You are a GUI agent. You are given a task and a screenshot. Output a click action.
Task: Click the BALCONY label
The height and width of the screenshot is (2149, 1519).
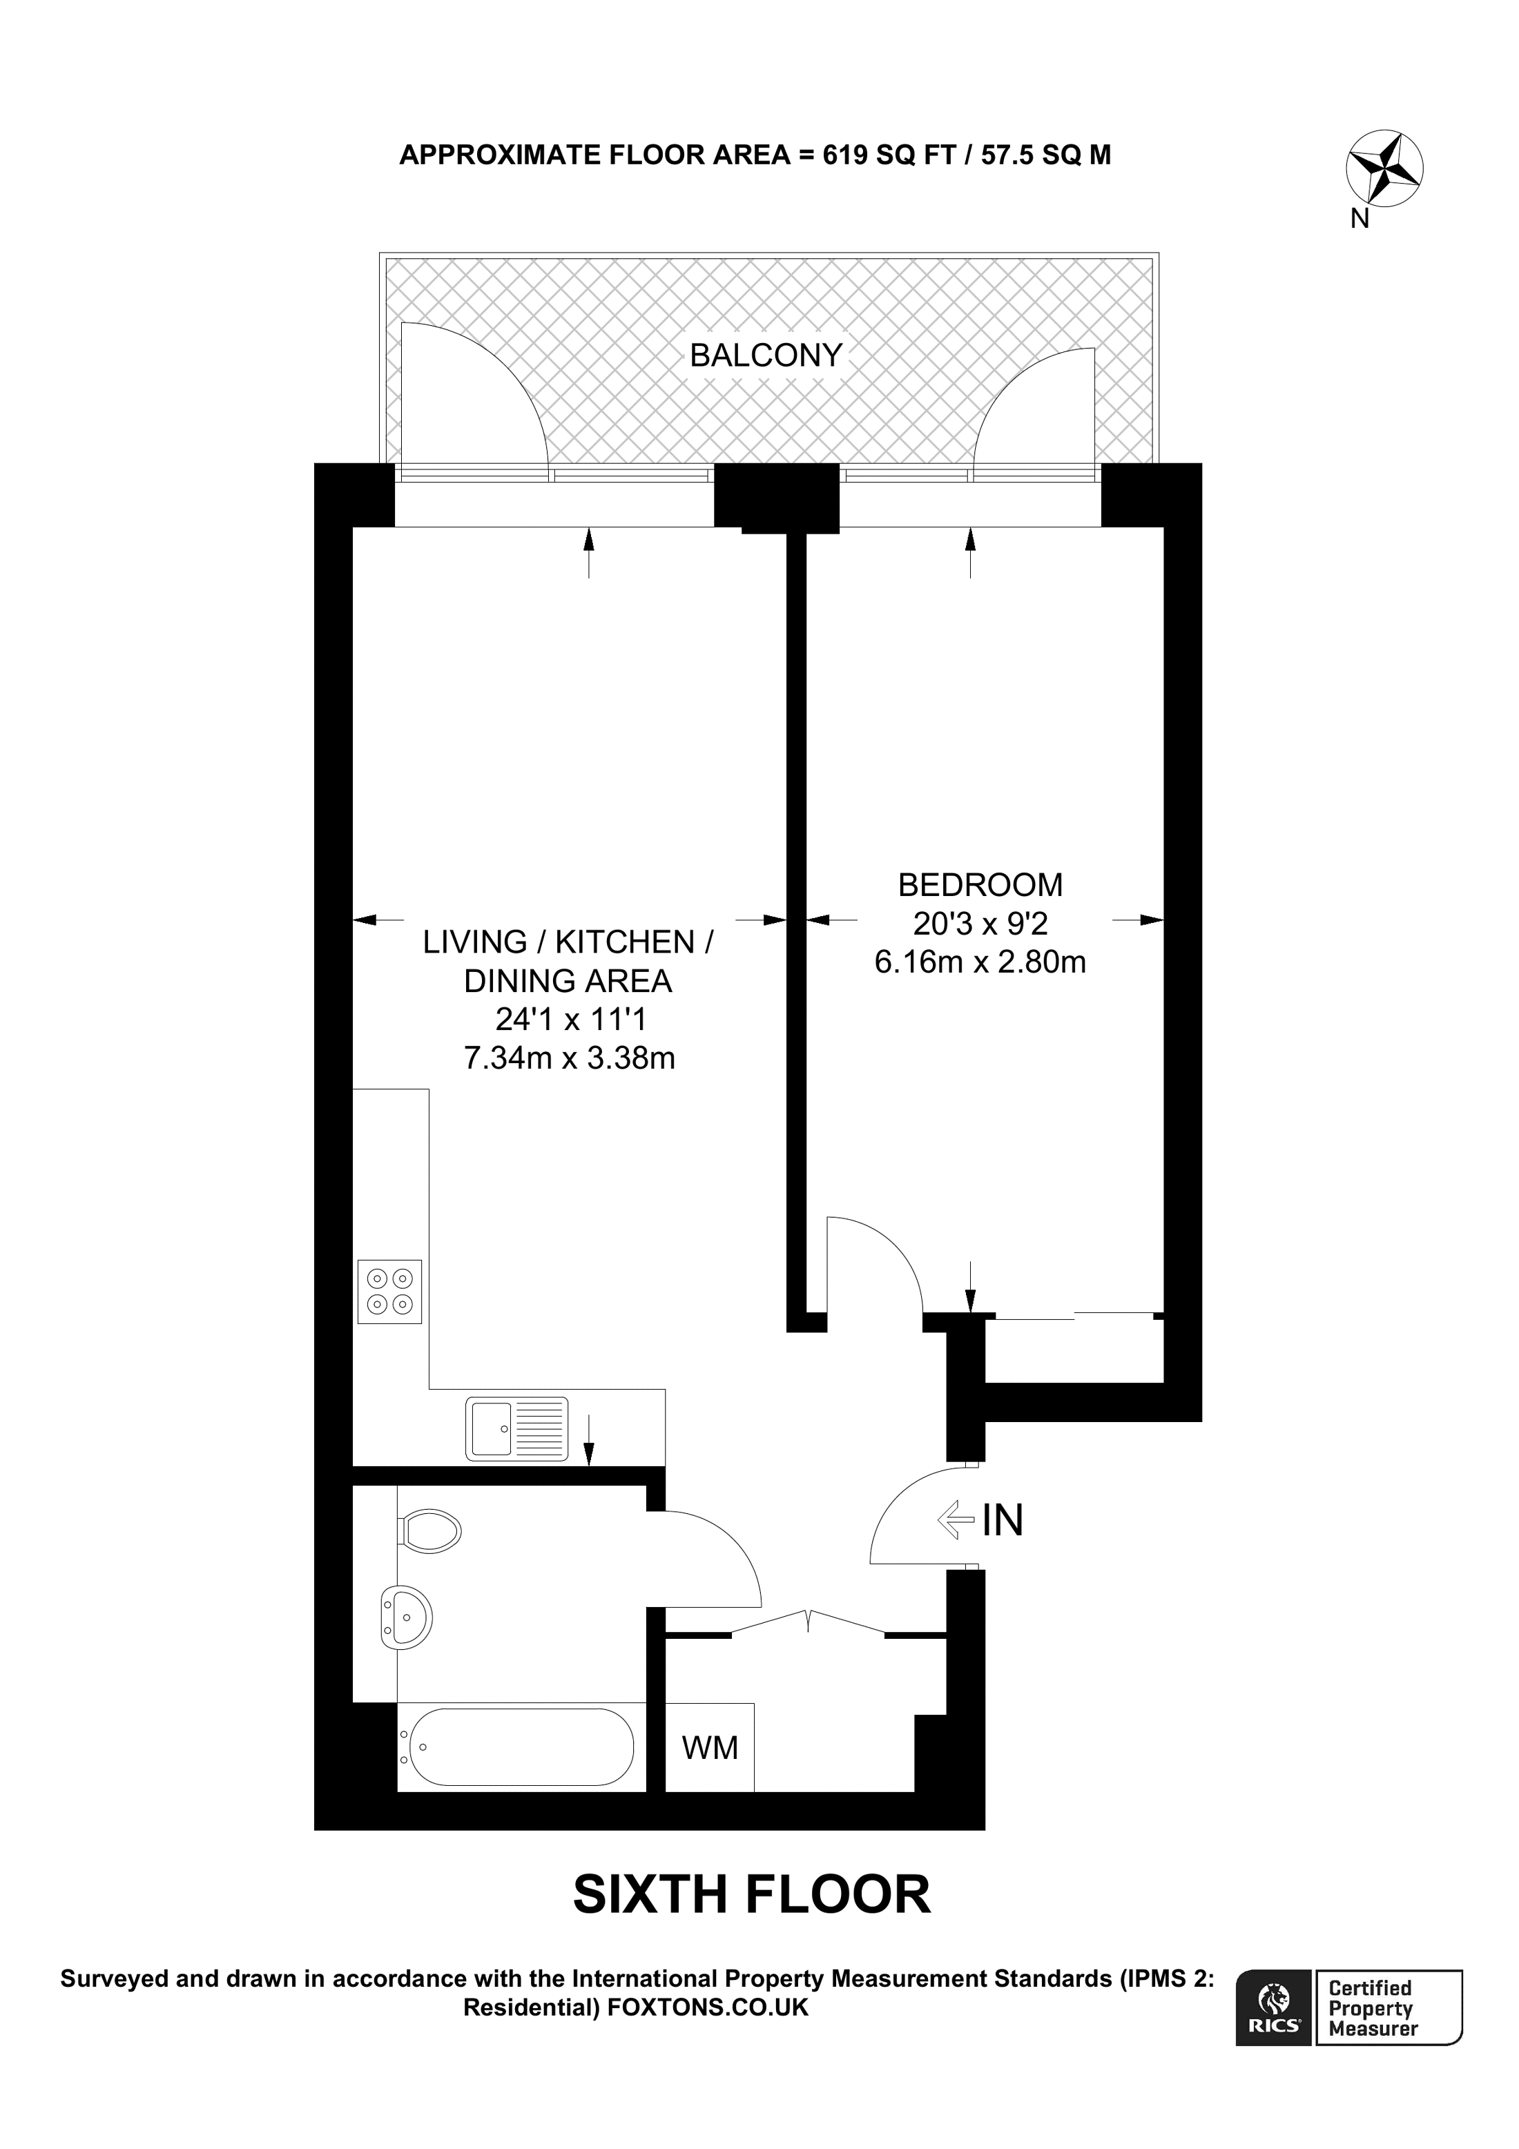(x=766, y=356)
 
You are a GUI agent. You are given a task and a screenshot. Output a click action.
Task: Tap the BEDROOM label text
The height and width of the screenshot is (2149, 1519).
(x=980, y=884)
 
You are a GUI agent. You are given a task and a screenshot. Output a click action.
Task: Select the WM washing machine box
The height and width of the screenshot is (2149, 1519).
(x=709, y=1747)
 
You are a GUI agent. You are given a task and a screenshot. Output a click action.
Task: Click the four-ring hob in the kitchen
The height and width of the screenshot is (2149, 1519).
(x=389, y=1292)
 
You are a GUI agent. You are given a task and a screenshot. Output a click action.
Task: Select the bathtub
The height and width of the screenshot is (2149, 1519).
(x=516, y=1747)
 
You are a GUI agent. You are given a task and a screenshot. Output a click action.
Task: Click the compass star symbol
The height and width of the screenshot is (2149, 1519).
(x=1384, y=169)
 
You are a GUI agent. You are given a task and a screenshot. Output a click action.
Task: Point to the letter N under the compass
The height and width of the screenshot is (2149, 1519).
(x=1360, y=219)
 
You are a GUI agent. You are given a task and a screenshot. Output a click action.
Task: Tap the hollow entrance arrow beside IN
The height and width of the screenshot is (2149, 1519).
(x=956, y=1520)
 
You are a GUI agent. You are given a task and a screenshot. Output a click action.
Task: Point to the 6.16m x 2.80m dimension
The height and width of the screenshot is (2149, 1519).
(x=980, y=962)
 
